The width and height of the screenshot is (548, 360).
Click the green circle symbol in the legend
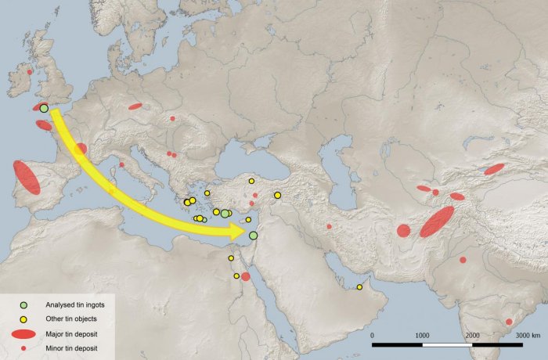coord(24,304)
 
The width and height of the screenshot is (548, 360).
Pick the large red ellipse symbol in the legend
coord(24,333)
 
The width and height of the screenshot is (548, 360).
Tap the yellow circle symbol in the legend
coord(24,319)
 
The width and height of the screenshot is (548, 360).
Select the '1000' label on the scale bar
coord(422,335)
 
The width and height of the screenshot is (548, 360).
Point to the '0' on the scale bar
coord(373,335)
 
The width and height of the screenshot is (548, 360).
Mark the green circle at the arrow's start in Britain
coord(44,108)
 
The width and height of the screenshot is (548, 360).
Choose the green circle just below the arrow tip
coord(253,236)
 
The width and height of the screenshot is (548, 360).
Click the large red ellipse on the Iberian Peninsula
coord(27,178)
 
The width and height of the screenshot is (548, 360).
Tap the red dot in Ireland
coord(30,71)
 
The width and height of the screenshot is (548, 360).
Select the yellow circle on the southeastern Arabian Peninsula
coord(359,287)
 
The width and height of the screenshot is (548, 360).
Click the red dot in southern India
coord(509,322)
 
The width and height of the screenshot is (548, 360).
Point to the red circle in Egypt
coord(246,276)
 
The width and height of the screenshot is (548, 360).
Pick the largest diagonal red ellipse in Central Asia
coord(436,221)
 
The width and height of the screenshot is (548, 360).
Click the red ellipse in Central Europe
coord(135,106)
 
